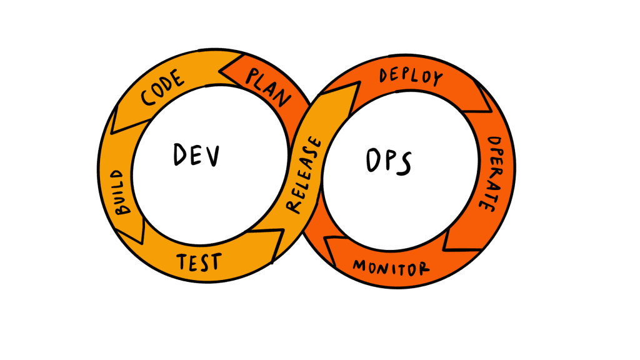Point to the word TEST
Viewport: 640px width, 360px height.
click(197, 261)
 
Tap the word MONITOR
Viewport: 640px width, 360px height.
click(391, 267)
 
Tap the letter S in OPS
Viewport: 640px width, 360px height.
click(404, 164)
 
